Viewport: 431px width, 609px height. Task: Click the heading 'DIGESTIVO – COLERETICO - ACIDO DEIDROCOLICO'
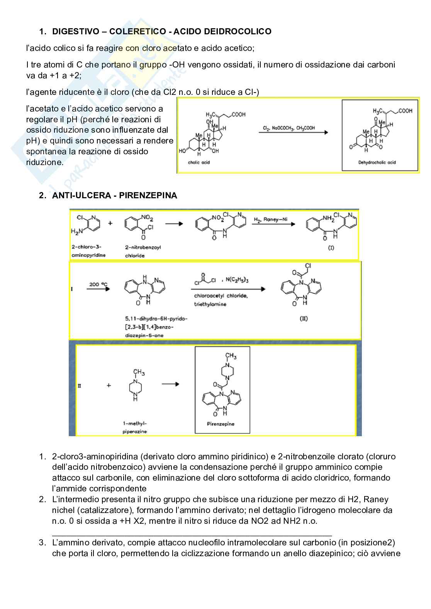(161, 32)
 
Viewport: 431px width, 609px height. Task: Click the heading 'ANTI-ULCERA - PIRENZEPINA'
(114, 196)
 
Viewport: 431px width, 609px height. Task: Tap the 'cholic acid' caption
(199, 162)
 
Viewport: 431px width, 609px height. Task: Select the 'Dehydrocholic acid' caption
(377, 162)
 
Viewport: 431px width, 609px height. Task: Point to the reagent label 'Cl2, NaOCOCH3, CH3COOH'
(288, 128)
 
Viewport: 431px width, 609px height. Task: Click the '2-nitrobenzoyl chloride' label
(143, 251)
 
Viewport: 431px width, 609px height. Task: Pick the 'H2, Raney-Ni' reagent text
(270, 219)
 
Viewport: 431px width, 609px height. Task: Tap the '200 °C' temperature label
(98, 284)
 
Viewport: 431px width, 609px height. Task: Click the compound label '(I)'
(331, 248)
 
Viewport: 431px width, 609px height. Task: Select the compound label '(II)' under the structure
(304, 319)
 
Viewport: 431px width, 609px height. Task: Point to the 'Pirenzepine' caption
(221, 424)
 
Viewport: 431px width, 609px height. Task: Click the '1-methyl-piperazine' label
(135, 427)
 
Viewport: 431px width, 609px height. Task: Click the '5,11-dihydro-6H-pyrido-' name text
(156, 319)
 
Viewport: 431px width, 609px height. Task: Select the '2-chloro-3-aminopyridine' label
(88, 251)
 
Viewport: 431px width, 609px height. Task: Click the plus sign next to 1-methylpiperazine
(109, 385)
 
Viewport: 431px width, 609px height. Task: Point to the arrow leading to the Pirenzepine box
(170, 384)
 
